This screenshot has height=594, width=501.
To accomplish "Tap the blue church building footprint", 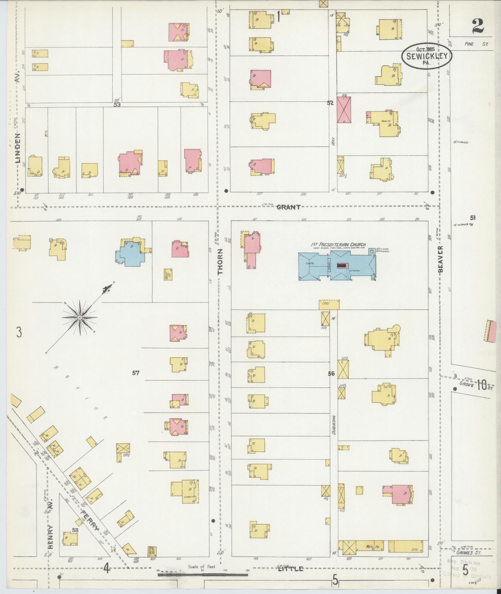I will [337, 266].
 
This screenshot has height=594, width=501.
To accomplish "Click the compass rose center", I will [80, 317].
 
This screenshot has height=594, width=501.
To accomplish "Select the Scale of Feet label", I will [202, 567].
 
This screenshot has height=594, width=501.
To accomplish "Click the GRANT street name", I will [289, 207].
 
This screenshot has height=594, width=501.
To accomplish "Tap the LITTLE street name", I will [290, 569].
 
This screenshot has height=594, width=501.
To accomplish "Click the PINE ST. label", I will [476, 44].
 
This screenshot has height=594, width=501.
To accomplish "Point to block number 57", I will [136, 373].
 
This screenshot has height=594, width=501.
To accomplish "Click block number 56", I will [331, 374].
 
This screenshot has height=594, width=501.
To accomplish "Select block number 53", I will [117, 105].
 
